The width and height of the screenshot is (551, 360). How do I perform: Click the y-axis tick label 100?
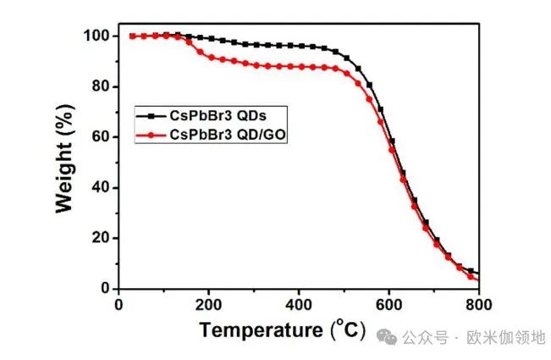click(95, 36)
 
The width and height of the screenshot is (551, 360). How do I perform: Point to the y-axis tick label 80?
click(99, 86)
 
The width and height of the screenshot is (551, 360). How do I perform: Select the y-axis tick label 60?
click(99, 137)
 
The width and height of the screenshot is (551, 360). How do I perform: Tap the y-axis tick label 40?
click(99, 187)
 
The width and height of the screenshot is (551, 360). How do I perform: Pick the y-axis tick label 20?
click(99, 238)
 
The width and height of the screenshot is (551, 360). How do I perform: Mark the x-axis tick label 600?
click(389, 303)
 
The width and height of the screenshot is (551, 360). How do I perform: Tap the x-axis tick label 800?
click(478, 303)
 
